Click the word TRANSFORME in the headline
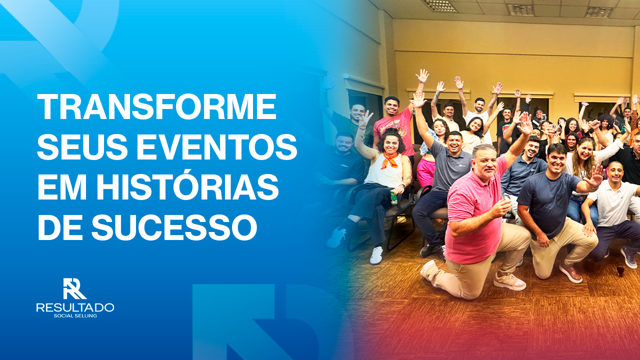click(x=156, y=106)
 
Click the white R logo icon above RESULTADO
click(x=74, y=288)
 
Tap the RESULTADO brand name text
click(x=75, y=307)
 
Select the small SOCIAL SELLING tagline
click(x=75, y=316)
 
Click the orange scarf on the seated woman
click(x=389, y=160)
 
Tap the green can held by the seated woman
click(x=393, y=197)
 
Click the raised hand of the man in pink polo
click(x=525, y=123)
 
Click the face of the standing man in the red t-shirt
click(x=391, y=106)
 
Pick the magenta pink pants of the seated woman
click(x=426, y=171)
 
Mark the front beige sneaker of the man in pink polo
click(x=509, y=281)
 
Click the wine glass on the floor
click(x=620, y=270)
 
